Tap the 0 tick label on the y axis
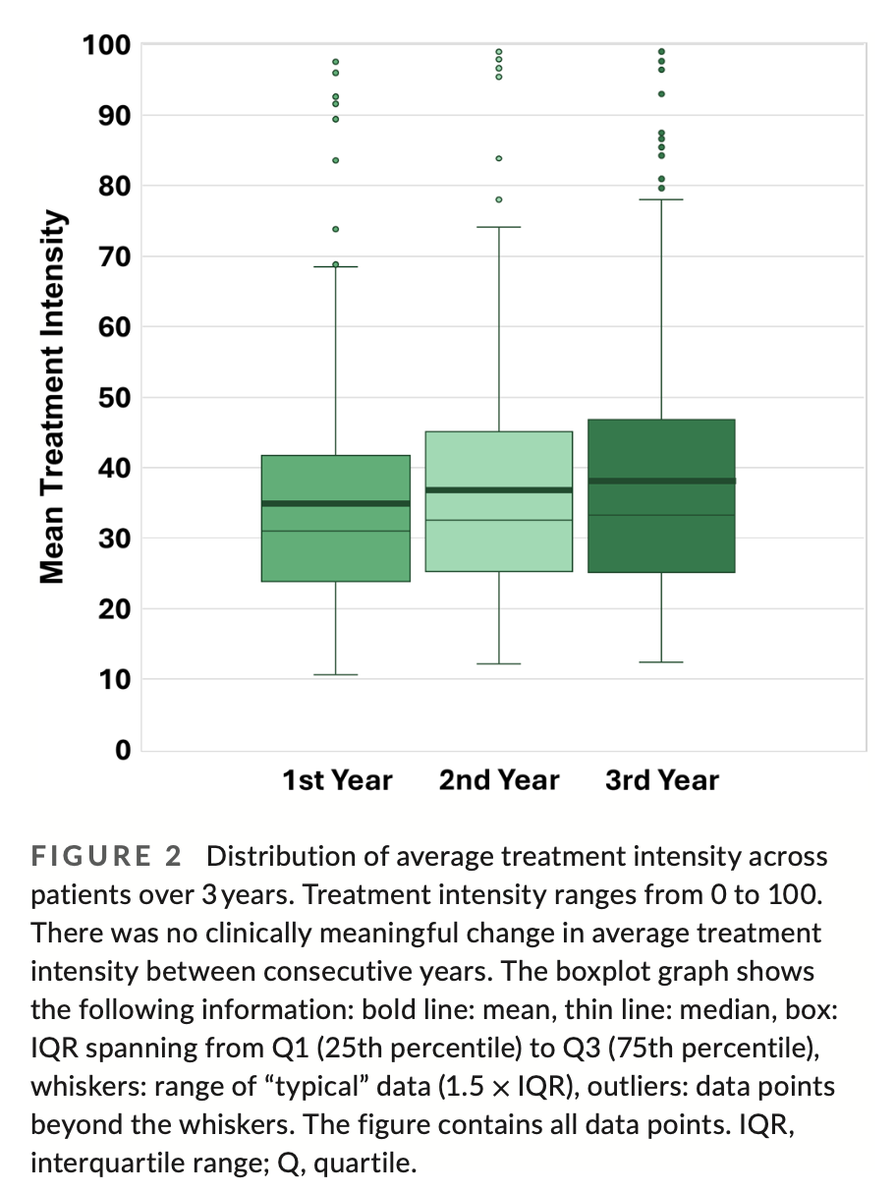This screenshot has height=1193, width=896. click(x=123, y=751)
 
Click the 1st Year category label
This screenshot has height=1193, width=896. click(x=336, y=781)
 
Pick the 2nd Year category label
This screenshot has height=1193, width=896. click(x=499, y=781)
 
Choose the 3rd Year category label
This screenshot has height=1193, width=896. click(x=661, y=781)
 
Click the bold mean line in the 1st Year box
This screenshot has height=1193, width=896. click(x=336, y=503)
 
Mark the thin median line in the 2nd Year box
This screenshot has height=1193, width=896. click(x=499, y=520)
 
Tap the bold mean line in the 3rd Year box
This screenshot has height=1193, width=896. click(x=661, y=481)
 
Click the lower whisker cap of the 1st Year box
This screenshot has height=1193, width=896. click(x=336, y=675)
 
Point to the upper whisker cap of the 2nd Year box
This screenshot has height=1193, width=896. click(x=499, y=227)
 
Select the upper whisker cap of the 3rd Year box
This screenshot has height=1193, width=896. click(x=661, y=199)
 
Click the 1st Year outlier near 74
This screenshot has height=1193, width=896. click(x=336, y=229)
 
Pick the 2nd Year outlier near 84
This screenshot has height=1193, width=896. click(x=499, y=158)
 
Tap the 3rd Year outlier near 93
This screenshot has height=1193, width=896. click(x=661, y=94)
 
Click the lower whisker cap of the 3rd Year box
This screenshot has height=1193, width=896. click(x=661, y=662)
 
